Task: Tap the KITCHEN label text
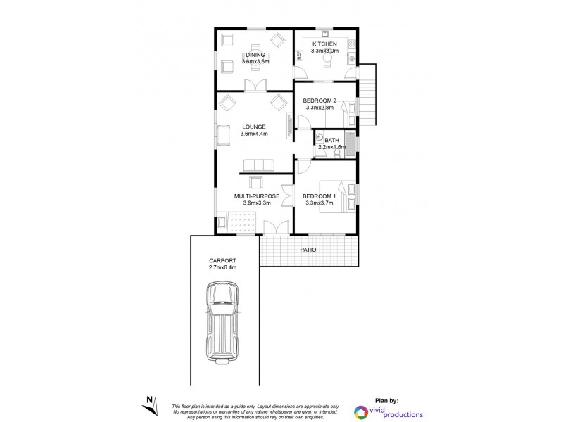(x=325, y=44)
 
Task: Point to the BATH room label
(x=332, y=140)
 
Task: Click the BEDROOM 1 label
(x=320, y=196)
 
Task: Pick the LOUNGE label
(x=253, y=127)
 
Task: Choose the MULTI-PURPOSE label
(x=257, y=196)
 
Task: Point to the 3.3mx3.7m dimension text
(x=320, y=203)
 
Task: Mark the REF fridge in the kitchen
(x=298, y=54)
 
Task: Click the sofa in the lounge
(x=258, y=165)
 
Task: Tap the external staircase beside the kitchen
(x=370, y=91)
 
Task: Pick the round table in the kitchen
(x=327, y=60)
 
